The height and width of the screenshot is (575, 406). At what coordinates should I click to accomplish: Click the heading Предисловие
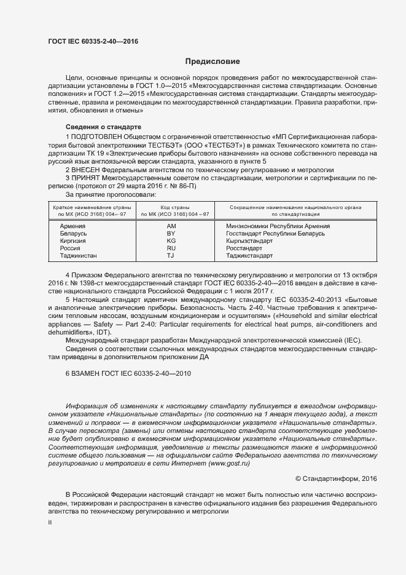coord(213,61)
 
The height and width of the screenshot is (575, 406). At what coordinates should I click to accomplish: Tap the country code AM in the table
coord(171,226)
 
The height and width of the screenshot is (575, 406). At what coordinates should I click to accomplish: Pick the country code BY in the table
coord(171,234)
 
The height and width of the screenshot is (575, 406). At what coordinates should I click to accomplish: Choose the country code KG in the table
coord(171,241)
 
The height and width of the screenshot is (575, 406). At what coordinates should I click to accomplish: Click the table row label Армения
coord(72,226)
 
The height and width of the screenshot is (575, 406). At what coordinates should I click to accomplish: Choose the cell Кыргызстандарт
coord(249,241)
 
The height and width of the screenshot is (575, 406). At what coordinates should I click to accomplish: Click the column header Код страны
coord(175,207)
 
